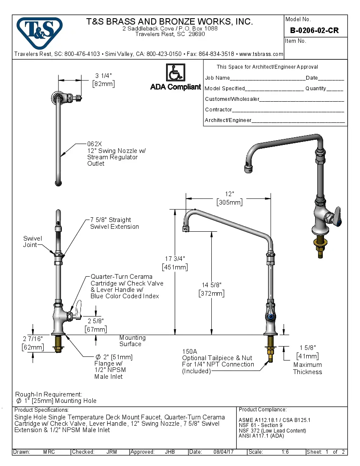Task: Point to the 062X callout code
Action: pyautogui.click(x=95, y=144)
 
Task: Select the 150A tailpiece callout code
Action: pyautogui.click(x=190, y=351)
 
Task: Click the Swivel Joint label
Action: pyautogui.click(x=33, y=242)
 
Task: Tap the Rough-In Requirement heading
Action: pyautogui.click(x=49, y=394)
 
